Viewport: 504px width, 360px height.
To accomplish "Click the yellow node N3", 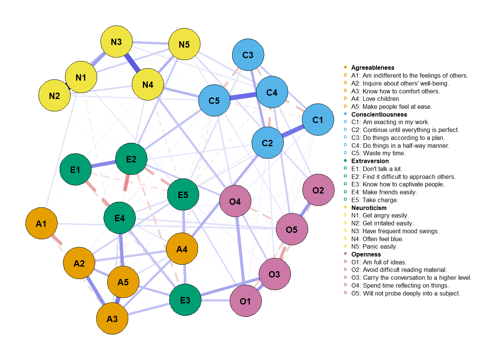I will click(x=116, y=42).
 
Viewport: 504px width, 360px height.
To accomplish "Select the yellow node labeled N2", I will click(x=54, y=96).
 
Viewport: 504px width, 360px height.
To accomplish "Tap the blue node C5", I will click(x=214, y=100).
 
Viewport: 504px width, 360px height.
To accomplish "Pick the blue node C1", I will click(x=318, y=120).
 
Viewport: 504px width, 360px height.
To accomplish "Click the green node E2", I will click(x=131, y=159).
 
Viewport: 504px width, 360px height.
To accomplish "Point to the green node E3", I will click(x=185, y=300).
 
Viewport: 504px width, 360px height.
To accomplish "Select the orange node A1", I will click(x=41, y=223).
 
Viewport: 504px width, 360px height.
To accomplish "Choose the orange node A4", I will click(x=182, y=249).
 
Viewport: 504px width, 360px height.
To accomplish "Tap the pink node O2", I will click(x=318, y=190).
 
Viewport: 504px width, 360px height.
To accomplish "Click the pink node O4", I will click(x=235, y=202).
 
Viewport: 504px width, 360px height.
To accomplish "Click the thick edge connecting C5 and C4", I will click(x=243, y=96).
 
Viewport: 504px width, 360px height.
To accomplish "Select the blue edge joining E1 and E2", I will click(x=103, y=164).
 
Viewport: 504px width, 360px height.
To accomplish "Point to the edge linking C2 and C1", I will click(x=292, y=131).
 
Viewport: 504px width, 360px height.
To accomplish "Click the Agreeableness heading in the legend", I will click(x=372, y=67).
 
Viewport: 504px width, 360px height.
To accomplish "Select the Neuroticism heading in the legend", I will click(x=369, y=208).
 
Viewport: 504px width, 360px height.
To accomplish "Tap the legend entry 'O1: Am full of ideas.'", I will click(x=378, y=262).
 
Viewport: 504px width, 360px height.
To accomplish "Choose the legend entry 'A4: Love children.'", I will click(x=375, y=99).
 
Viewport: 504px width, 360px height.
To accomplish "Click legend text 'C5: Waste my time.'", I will click(x=378, y=153).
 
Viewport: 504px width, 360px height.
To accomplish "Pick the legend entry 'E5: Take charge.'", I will click(x=375, y=200).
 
